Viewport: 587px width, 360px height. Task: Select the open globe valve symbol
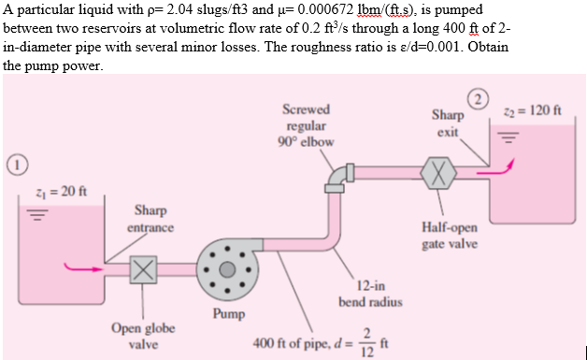pos(144,268)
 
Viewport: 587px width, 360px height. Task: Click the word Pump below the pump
pos(228,314)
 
